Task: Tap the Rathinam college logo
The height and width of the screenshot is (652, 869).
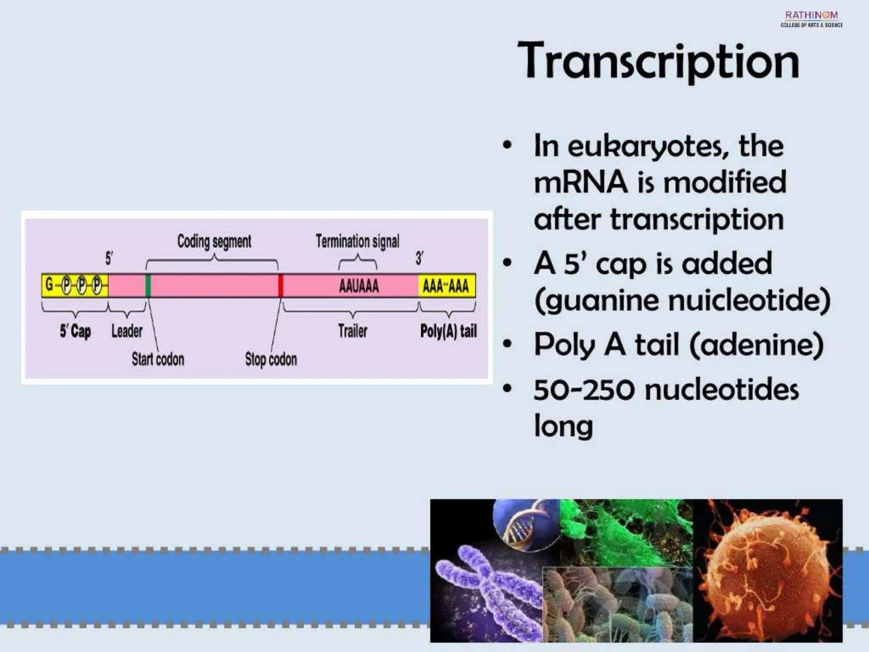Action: click(x=811, y=19)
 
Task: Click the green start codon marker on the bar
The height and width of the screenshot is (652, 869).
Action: click(x=148, y=286)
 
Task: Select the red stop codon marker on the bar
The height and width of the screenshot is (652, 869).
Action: click(x=280, y=286)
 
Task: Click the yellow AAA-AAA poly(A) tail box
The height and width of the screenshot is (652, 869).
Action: click(x=446, y=286)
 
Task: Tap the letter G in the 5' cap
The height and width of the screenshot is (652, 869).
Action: click(x=49, y=285)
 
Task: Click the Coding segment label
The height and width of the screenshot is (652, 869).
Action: click(x=214, y=241)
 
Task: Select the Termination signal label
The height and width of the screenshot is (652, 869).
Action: click(x=357, y=241)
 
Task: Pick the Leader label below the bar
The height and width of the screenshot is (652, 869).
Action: click(x=126, y=331)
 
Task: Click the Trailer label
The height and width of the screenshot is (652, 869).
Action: click(x=353, y=331)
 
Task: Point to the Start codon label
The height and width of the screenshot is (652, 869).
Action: click(x=158, y=359)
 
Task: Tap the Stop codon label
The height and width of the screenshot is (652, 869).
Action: click(x=271, y=359)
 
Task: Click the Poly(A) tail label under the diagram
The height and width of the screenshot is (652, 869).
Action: click(x=448, y=331)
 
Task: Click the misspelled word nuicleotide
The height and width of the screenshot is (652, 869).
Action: click(x=748, y=300)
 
